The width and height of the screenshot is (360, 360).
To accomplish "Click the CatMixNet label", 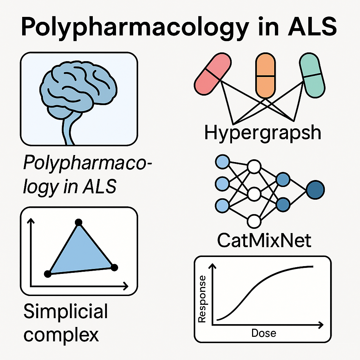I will click(264, 240).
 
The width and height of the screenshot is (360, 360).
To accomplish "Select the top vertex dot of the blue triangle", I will click(79, 222).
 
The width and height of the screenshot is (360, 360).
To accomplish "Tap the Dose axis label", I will click(264, 333).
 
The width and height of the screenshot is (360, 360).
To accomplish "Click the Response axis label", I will click(202, 299).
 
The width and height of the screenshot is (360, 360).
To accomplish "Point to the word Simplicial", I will click(65, 312).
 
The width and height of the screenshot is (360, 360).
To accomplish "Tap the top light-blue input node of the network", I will click(222, 162).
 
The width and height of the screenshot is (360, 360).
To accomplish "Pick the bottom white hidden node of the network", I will click(254, 221).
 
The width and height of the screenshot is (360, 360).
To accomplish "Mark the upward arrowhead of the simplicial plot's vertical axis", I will click(32, 221).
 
